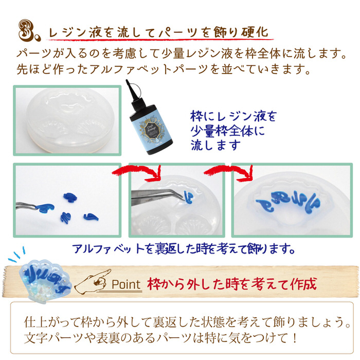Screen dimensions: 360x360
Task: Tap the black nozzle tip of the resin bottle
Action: click(127, 81)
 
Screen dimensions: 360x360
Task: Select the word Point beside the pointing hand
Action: click(126, 284)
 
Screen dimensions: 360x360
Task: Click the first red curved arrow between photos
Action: click(138, 172)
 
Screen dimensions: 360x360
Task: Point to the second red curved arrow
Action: click(229, 172)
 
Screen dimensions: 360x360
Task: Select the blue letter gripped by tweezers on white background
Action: click(45, 208)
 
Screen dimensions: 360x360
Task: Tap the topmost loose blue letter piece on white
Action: click(70, 197)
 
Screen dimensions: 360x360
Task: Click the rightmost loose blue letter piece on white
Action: click(91, 217)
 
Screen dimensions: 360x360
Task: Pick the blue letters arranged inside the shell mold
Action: click(288, 202)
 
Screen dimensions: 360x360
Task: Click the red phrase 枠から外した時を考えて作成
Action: click(232, 284)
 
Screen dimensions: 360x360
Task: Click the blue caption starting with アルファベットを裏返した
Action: click(183, 248)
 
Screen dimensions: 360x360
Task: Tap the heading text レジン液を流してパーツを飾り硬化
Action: click(158, 32)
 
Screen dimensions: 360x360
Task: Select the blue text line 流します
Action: click(215, 146)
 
